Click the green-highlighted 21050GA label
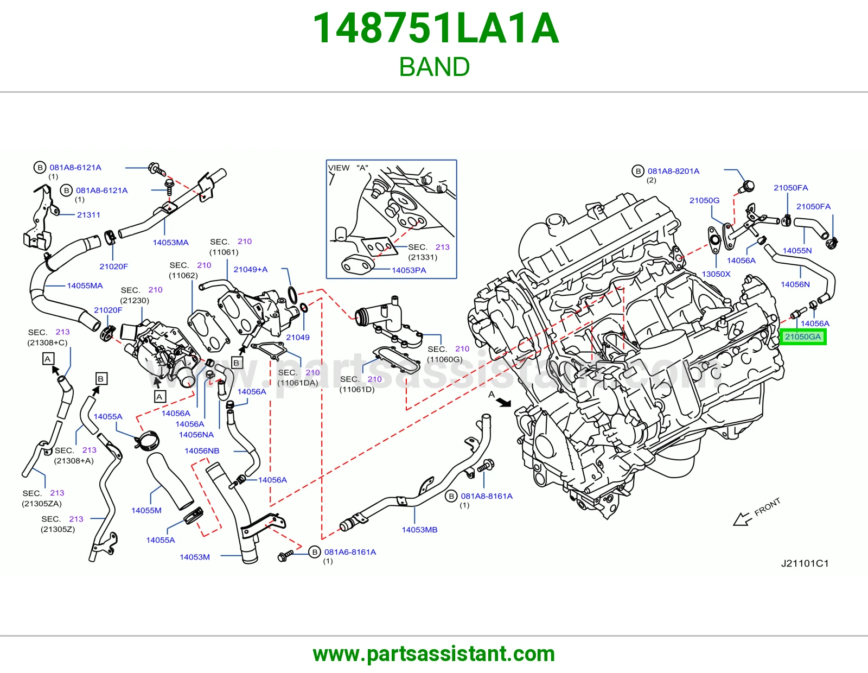tap(803, 337)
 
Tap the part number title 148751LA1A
tap(436, 28)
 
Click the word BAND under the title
tap(434, 67)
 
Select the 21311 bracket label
tap(88, 215)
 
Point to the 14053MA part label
tap(170, 243)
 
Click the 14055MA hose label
tap(85, 285)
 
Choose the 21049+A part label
tap(251, 270)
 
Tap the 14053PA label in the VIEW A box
tap(409, 271)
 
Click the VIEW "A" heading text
tap(348, 168)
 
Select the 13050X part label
tap(716, 274)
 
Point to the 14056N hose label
tap(795, 284)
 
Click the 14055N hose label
tap(797, 251)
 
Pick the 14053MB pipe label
tap(419, 530)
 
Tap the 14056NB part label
tap(202, 451)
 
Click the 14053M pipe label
tap(195, 557)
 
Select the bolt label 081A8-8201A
tap(673, 172)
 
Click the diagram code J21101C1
tap(805, 563)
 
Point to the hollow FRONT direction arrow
tap(742, 519)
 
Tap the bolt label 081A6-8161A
tap(350, 553)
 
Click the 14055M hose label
tap(146, 511)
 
